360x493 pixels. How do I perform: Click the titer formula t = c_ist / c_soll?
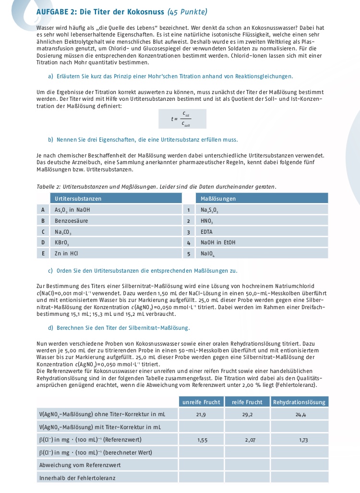coord(182,119)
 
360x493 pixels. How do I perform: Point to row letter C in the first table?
coord(43,232)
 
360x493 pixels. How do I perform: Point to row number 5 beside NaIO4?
coord(189,253)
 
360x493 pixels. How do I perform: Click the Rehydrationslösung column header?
coord(299,402)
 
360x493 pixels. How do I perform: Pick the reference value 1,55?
coord(202,439)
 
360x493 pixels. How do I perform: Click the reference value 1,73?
coord(303,439)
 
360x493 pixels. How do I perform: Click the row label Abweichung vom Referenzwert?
coord(79,465)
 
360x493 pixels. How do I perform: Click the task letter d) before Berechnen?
coord(51,328)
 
